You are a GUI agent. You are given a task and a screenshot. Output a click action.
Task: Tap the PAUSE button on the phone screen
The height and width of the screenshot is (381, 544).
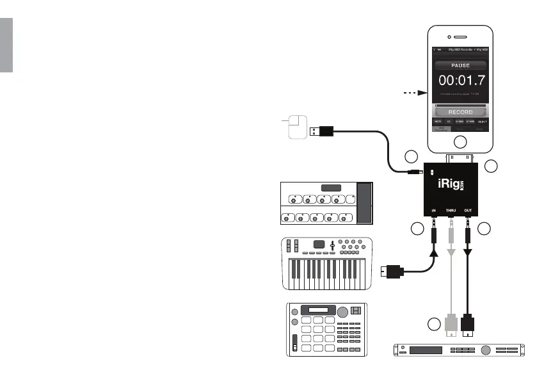[460, 65]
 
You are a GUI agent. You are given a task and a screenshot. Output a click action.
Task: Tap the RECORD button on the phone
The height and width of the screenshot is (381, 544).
[460, 111]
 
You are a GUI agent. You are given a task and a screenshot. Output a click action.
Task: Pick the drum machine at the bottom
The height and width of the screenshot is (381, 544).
[327, 328]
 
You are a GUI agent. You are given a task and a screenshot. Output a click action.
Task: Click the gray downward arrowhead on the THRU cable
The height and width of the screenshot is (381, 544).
[452, 254]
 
